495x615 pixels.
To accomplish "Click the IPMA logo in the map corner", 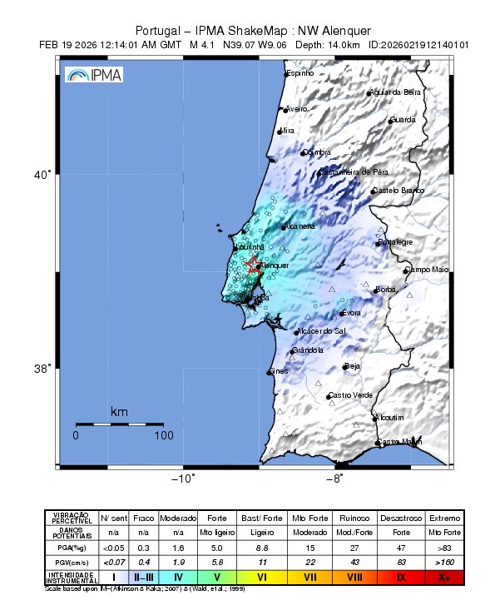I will point(93,75).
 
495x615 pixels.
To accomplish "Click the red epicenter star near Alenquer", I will point(254,265).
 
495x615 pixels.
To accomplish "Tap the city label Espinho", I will point(300,74).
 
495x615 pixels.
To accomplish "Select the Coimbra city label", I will point(317,152).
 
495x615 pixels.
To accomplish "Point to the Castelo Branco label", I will point(398,191).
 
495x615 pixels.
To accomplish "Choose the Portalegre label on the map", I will point(395,242).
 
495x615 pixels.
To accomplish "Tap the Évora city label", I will point(351,313).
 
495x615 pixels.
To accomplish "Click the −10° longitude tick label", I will point(182,479).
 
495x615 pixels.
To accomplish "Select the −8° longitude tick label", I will point(334,479).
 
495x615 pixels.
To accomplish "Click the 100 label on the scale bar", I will point(163,435).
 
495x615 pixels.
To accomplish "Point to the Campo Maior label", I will point(427,270).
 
